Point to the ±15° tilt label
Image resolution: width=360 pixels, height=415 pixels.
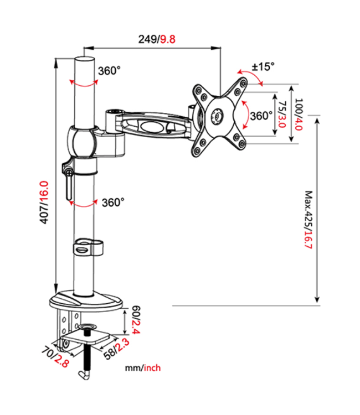point(263,66)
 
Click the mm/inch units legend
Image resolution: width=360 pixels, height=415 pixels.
point(143,367)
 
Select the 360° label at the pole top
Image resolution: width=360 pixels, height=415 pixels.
point(109,71)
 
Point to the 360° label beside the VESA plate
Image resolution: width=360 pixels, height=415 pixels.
point(260,116)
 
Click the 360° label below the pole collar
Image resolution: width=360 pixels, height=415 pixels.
point(113,203)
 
